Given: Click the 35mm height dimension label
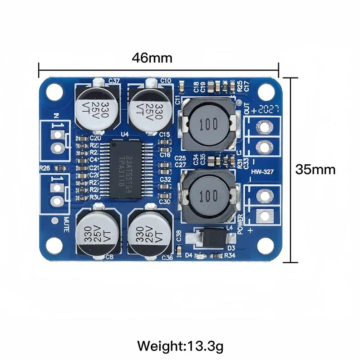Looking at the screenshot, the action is pos(315,170).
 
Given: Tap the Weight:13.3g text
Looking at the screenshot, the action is pos(180,346).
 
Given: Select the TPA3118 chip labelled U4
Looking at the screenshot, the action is pos(131,169).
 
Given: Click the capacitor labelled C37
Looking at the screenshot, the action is pos(97,106).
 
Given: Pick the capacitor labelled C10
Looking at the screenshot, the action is pos(149,107).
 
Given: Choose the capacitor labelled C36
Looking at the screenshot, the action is pos(149,233).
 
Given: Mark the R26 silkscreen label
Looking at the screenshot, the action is pos(45,168).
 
